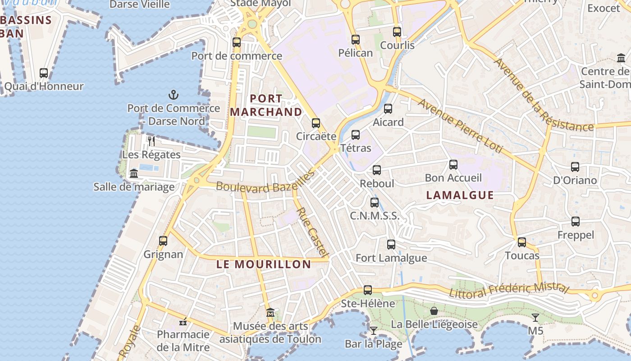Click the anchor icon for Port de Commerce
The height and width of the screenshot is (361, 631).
(174, 95)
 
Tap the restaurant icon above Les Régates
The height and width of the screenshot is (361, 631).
(151, 141)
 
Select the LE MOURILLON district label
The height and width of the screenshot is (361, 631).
(264, 264)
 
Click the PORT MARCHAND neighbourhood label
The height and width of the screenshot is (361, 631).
(266, 105)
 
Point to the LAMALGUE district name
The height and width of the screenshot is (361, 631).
(460, 195)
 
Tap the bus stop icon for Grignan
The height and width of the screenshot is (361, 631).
(163, 241)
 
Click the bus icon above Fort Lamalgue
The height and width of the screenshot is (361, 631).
(391, 245)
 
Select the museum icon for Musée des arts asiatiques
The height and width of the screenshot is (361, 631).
(270, 312)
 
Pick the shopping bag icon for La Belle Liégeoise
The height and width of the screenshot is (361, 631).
(434, 310)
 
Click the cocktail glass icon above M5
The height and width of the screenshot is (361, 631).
(535, 317)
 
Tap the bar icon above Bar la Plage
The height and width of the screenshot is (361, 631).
(373, 330)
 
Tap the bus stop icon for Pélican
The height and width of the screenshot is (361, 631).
(356, 40)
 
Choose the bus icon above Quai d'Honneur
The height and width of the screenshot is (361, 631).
(44, 73)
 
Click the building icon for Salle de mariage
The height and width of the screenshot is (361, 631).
(134, 173)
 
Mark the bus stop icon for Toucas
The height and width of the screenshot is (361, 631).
(522, 242)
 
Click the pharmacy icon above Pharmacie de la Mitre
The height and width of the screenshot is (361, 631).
(183, 322)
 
